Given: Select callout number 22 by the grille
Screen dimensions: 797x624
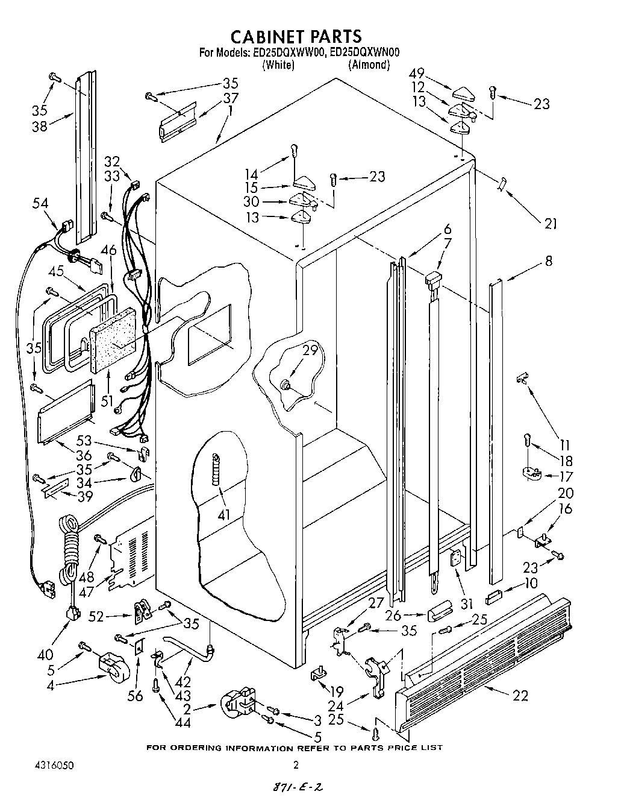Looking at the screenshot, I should tap(520, 695).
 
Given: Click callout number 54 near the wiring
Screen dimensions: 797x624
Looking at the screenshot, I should tap(41, 204).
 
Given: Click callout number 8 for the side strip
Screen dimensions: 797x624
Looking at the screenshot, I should tap(548, 261).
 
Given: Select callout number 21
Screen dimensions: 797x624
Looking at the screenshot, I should tap(550, 224).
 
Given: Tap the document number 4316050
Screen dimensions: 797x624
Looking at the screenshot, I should tap(54, 765).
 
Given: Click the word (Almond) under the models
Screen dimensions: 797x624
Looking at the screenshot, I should tap(369, 65).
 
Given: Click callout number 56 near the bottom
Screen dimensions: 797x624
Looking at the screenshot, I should tap(136, 696).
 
